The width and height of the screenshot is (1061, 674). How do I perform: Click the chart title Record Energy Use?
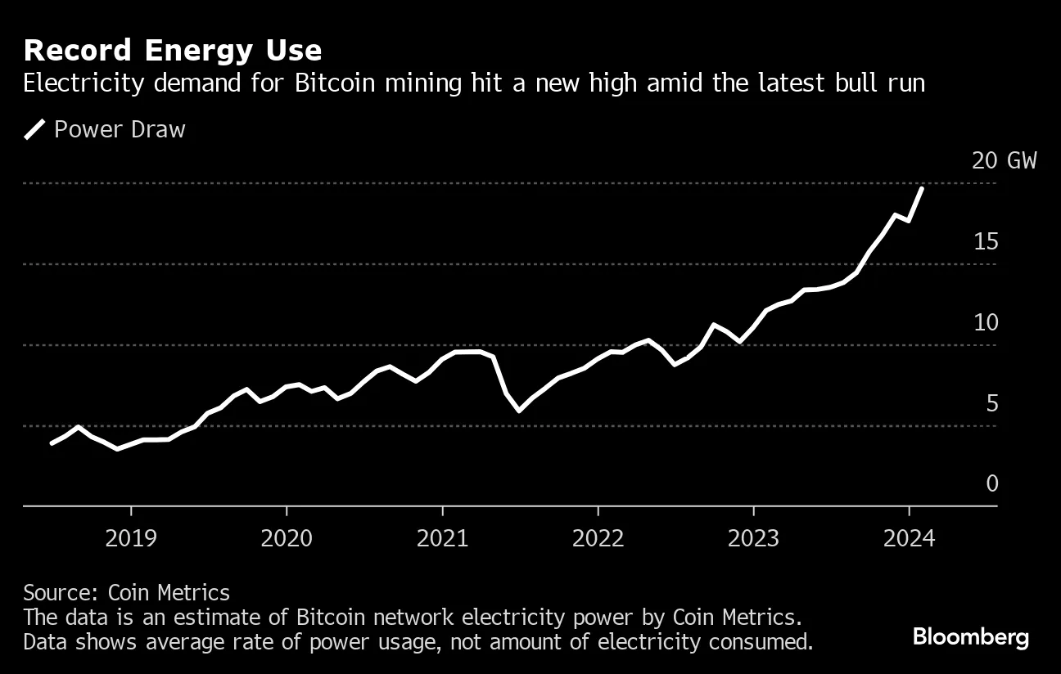(173, 51)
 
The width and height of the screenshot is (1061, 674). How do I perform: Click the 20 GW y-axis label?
(1004, 160)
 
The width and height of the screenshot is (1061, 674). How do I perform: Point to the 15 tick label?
(986, 241)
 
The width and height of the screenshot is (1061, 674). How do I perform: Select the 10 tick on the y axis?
(986, 322)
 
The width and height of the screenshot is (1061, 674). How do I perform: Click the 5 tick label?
(992, 403)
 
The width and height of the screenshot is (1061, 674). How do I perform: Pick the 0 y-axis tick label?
(992, 483)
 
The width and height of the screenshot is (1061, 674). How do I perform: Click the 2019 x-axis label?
(130, 538)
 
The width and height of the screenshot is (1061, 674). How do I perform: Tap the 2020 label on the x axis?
(287, 538)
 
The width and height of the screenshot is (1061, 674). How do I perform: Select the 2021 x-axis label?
(442, 538)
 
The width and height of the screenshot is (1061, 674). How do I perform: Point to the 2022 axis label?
(598, 538)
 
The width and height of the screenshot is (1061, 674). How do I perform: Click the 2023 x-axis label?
(753, 538)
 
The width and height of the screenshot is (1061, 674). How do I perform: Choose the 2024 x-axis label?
(909, 538)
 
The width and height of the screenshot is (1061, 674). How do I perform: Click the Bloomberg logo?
(970, 637)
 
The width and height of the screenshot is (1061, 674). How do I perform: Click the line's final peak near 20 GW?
(923, 189)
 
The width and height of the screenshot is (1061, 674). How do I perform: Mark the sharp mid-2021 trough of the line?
(519, 411)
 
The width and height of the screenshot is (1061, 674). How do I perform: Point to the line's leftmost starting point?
(52, 443)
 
